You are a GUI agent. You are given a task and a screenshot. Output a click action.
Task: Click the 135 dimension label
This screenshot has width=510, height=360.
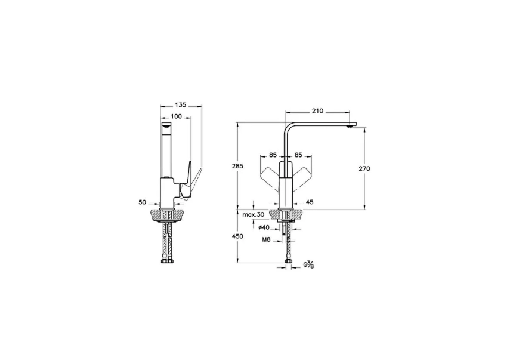pos(181,104)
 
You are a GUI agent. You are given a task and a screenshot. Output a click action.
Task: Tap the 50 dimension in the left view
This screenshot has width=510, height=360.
pos(143,202)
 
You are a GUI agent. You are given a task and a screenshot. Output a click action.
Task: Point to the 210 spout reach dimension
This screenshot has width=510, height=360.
pos(317,110)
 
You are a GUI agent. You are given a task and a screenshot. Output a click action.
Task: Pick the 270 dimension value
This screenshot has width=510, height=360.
pos(365,168)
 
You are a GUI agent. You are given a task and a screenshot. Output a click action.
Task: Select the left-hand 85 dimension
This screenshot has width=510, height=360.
pos(273,155)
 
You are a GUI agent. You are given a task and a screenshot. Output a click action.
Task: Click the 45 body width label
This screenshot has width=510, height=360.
pos(310,202)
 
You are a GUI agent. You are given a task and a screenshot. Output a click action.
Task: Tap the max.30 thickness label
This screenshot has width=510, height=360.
pos(253,214)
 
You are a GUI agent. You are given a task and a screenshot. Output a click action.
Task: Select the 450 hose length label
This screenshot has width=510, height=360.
pos(237,236)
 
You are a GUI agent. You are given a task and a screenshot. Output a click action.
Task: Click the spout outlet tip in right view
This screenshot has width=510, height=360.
pos(351,125)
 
